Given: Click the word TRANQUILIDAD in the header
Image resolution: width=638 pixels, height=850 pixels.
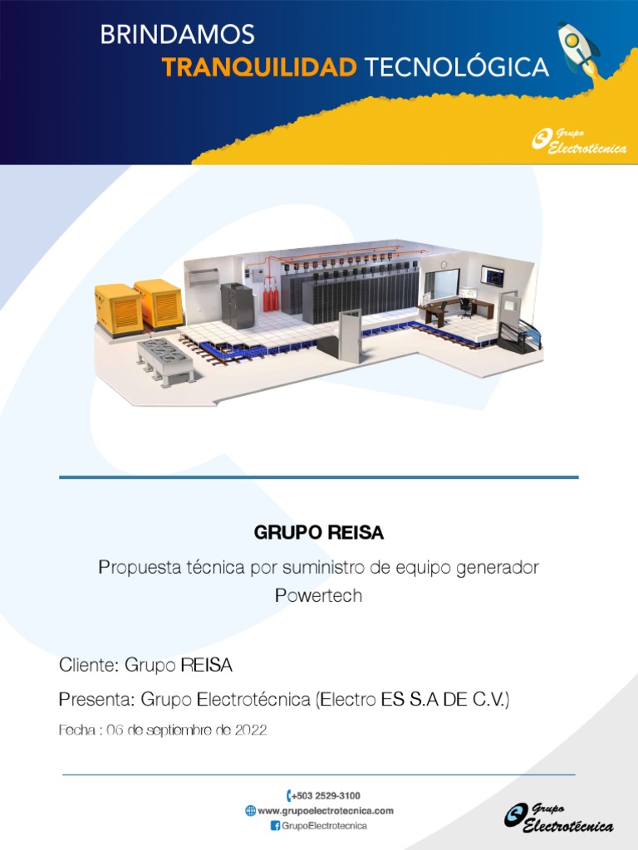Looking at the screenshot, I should click(x=259, y=67).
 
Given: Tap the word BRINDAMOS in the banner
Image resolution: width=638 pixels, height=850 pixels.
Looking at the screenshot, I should click(x=177, y=35).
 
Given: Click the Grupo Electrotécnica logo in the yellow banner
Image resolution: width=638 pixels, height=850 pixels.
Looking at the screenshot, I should click(x=579, y=142).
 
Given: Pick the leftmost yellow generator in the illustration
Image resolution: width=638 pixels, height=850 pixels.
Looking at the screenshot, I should click(x=118, y=309).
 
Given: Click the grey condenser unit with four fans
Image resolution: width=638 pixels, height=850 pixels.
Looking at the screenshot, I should click(x=165, y=359).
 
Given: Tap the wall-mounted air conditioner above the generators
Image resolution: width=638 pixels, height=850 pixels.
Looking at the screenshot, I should click(x=203, y=277).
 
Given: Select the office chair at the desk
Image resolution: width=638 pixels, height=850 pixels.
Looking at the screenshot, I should click(x=467, y=307).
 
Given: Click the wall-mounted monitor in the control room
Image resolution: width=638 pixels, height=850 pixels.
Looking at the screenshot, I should click(x=493, y=276).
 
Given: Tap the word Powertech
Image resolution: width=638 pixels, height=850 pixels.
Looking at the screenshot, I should click(x=319, y=596).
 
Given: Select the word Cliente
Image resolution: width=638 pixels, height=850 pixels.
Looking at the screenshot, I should click(x=89, y=665).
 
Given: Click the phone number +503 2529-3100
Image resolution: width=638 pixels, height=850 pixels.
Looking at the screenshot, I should click(x=326, y=795).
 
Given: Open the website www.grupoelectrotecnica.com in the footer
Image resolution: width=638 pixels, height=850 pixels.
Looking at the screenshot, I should click(x=326, y=810).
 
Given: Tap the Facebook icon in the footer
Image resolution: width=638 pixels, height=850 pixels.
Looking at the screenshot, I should click(x=275, y=826).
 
